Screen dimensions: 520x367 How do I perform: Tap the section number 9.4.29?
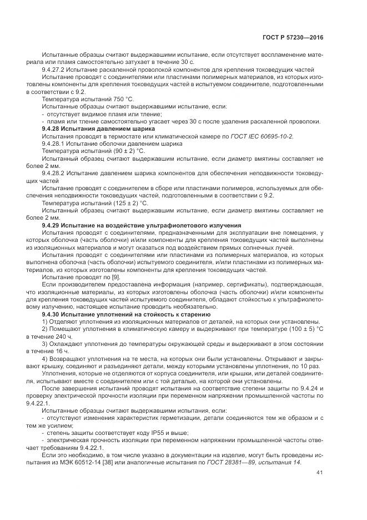pyautogui.click(x=51, y=224)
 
